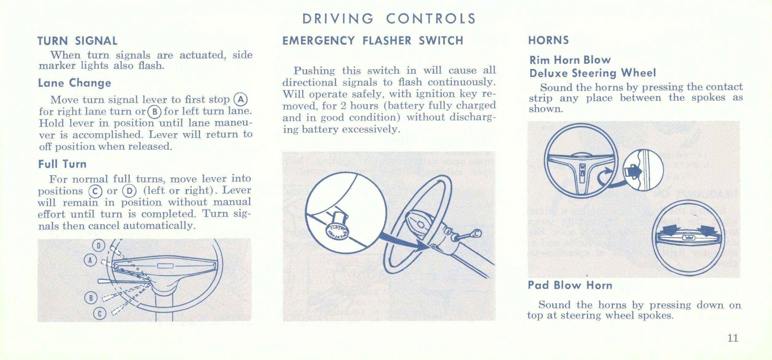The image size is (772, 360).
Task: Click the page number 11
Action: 733,338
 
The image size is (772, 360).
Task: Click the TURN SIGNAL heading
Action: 78,41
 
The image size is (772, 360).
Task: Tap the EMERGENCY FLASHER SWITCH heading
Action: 373,41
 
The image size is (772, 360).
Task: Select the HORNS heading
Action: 549,40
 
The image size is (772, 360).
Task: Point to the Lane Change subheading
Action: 75,83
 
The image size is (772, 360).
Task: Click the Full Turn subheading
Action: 62,164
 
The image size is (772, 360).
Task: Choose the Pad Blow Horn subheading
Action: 570,285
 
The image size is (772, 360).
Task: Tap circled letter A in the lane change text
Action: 241,99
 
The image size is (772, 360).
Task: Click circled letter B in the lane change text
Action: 154,112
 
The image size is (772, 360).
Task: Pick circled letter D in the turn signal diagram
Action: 99,246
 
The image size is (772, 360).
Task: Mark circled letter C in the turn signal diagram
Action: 100,314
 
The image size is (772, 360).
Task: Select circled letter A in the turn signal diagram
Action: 90,261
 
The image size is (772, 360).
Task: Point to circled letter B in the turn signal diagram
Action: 91,298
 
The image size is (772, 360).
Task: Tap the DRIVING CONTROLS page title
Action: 389,19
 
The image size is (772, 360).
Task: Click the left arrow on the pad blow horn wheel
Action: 671,230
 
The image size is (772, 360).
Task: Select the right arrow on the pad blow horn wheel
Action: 708,230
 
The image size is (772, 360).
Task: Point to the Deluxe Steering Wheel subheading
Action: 593,73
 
